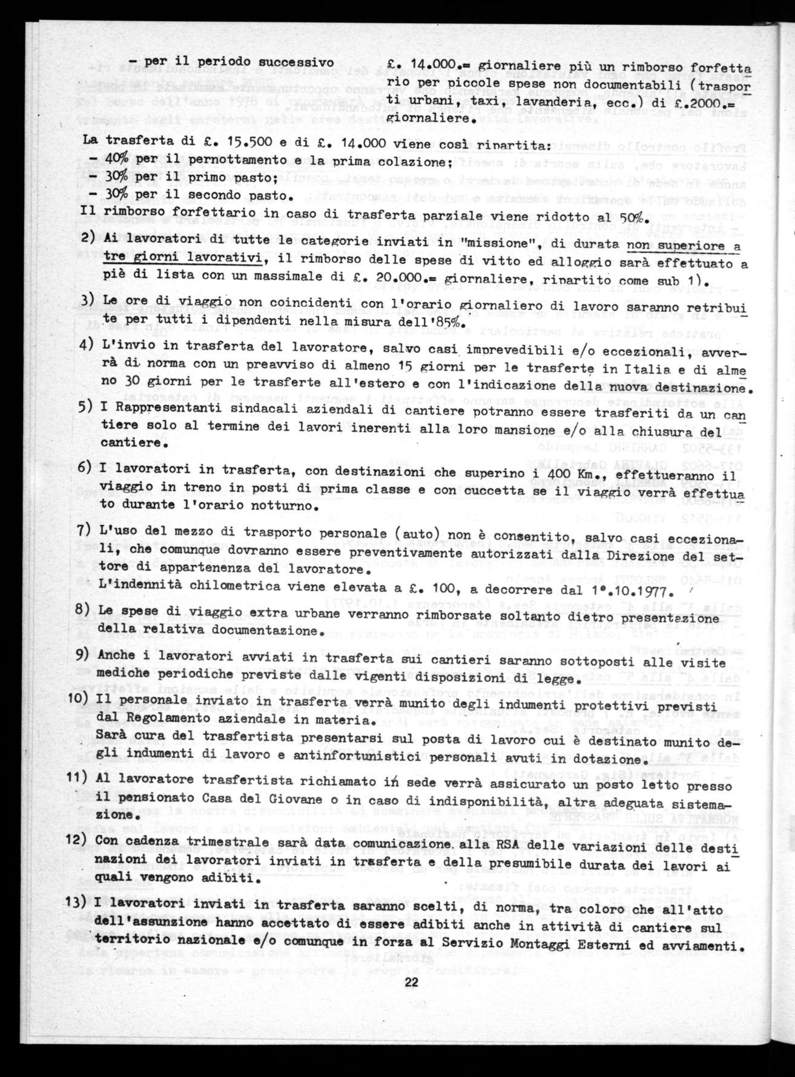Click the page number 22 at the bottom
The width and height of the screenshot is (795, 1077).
pyautogui.click(x=412, y=983)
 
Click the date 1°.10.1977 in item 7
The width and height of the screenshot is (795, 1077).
pyautogui.click(x=632, y=590)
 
